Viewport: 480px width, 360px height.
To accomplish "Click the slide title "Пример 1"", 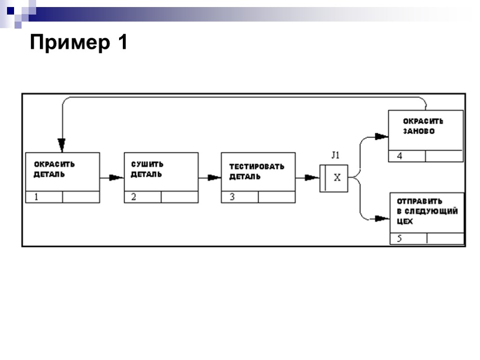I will point(79,43).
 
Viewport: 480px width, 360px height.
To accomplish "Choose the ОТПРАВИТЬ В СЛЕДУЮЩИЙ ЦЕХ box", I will point(427,212).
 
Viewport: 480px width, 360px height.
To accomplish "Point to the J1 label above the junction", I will point(335,156).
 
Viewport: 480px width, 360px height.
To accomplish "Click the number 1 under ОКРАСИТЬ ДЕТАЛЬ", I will point(36,197).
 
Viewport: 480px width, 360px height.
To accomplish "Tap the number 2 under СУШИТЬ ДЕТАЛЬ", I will point(134,197).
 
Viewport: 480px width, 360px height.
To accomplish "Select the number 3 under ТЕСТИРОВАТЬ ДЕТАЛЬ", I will point(232,197).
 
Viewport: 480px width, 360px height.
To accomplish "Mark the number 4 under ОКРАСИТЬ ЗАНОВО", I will point(399,157).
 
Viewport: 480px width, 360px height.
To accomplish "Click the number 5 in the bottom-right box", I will point(399,239).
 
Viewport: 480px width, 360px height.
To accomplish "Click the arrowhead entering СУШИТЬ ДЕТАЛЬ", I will point(115,178).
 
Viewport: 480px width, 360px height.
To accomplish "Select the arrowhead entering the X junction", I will point(311,178).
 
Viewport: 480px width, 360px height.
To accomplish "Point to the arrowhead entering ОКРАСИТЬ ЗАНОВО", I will point(382,136).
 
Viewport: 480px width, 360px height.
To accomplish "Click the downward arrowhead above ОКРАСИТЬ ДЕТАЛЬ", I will point(62,143).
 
